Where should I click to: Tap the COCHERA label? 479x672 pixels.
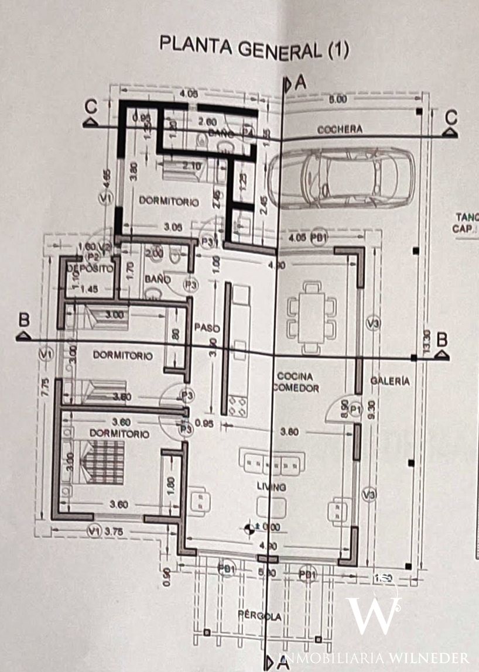(340, 129)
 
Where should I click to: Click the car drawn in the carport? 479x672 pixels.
(341, 177)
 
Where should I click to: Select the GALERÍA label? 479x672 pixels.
(390, 380)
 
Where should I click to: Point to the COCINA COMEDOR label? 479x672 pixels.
(295, 382)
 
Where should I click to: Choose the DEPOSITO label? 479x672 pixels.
(88, 269)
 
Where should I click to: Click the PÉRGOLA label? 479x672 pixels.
(259, 616)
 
